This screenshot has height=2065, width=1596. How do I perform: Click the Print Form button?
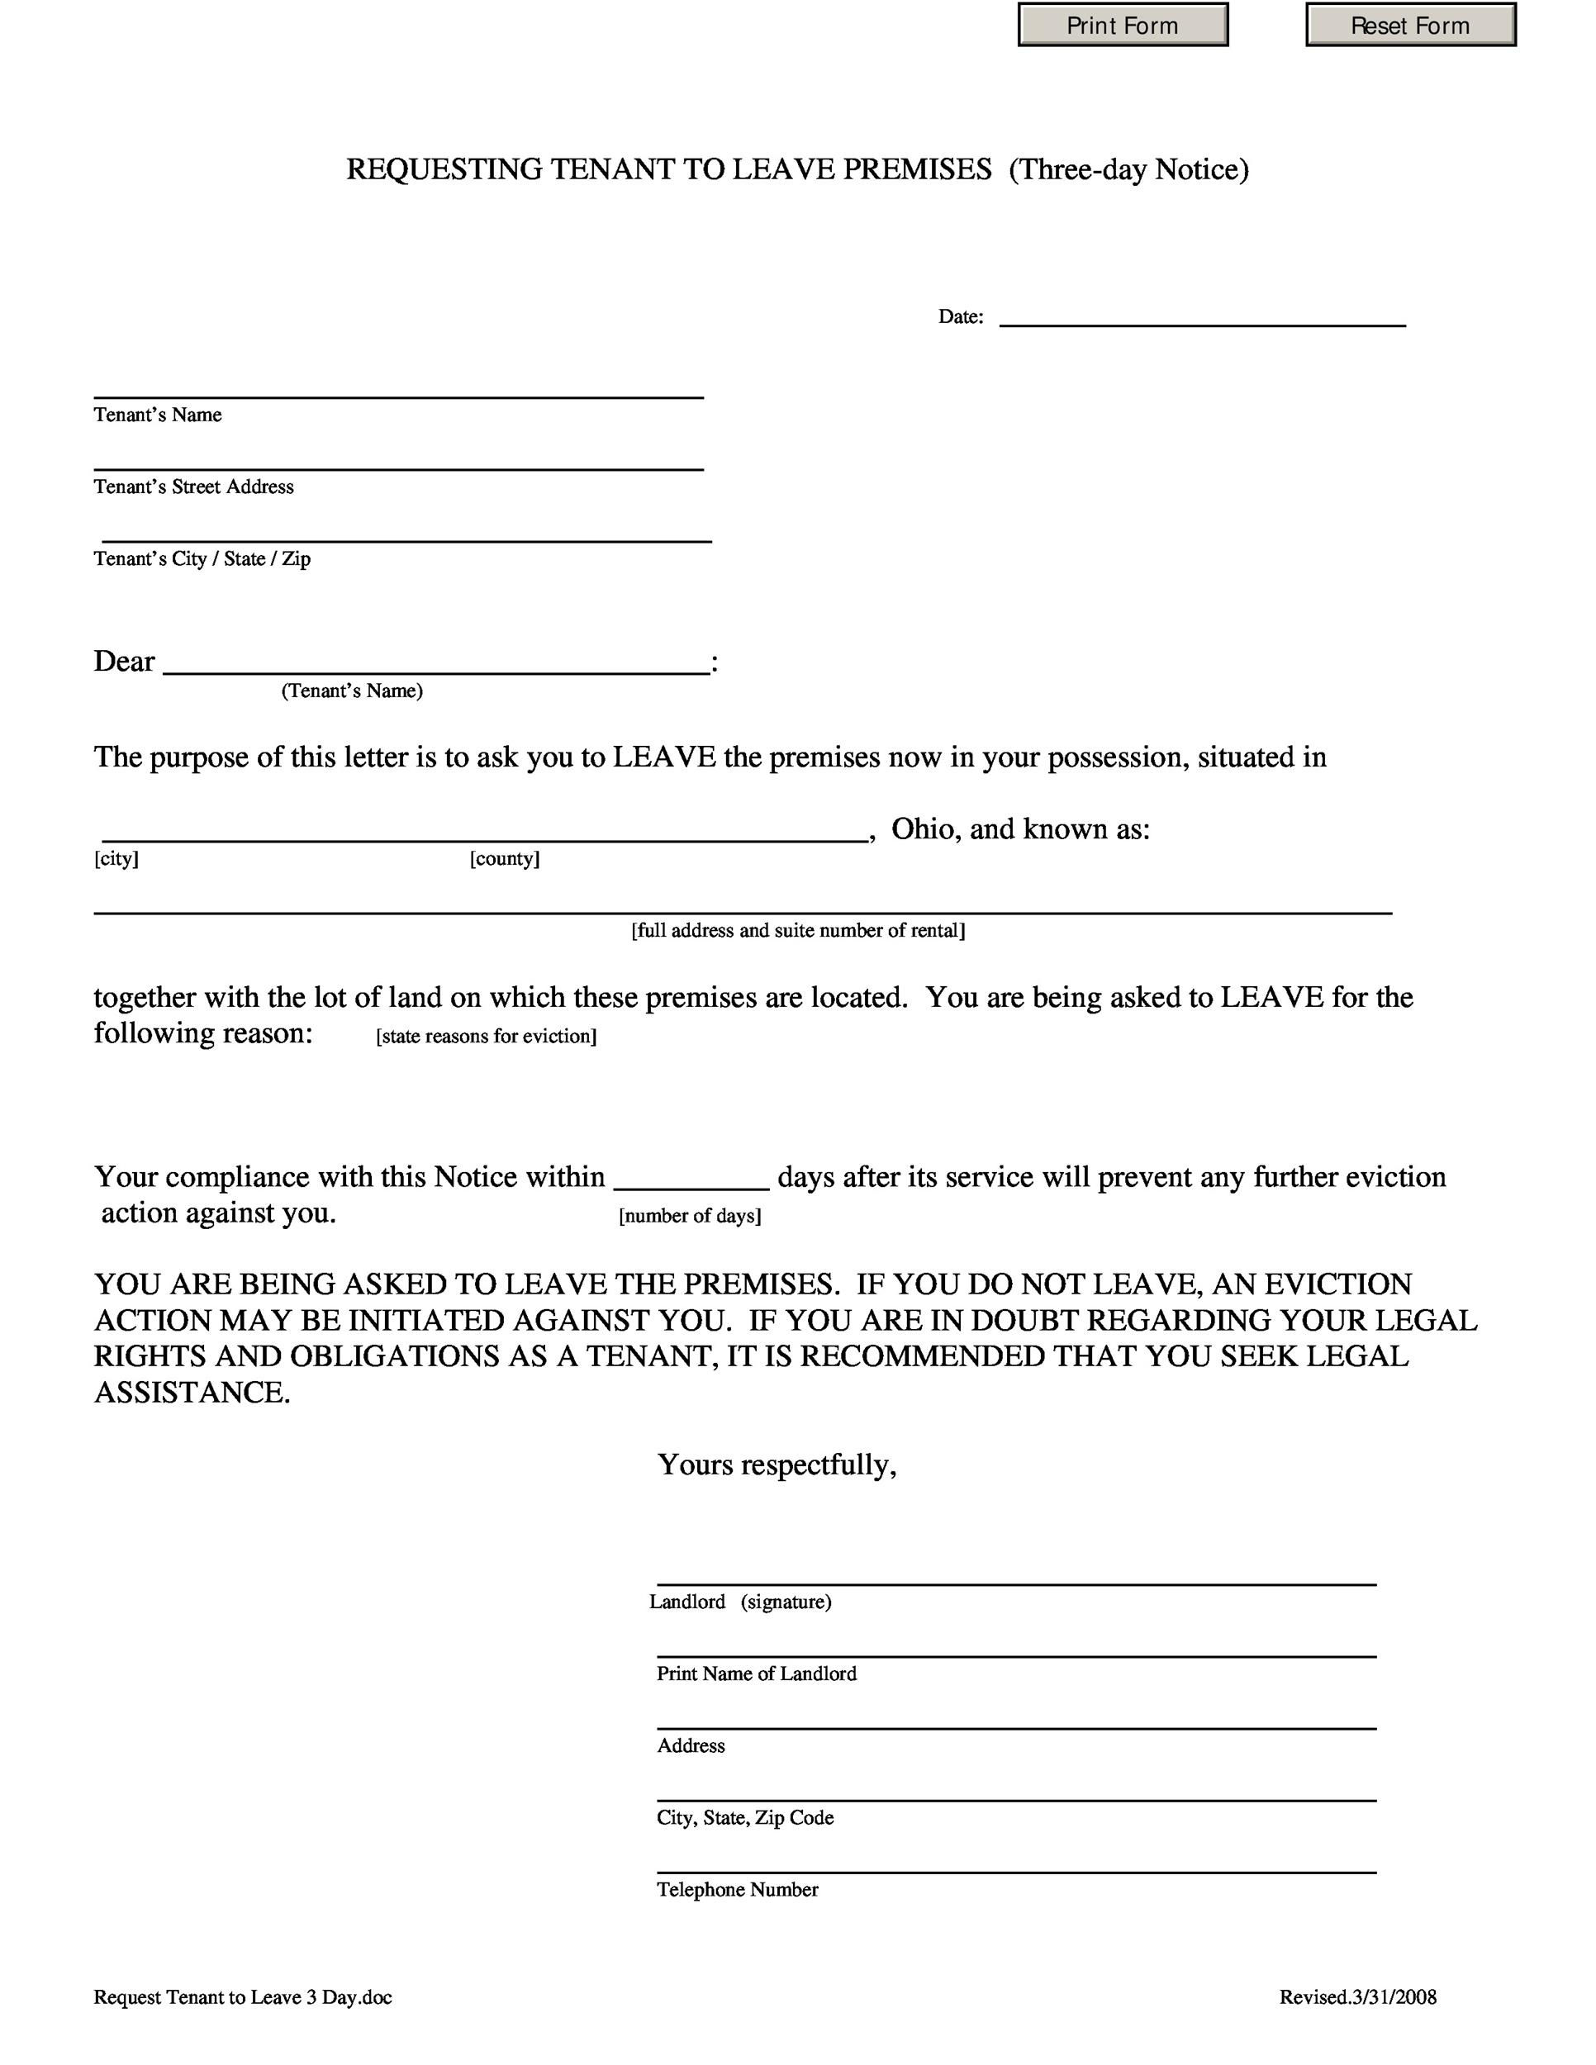click(x=1123, y=26)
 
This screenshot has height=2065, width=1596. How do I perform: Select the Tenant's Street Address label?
click(x=194, y=487)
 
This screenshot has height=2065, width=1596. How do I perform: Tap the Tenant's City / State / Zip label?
click(x=202, y=559)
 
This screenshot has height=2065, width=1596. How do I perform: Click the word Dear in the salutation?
click(x=124, y=661)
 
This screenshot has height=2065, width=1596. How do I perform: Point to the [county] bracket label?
click(x=505, y=858)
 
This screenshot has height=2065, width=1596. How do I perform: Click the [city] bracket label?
click(x=116, y=858)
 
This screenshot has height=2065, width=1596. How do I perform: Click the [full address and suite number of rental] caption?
click(x=798, y=930)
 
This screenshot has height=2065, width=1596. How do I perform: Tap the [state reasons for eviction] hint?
click(x=486, y=1037)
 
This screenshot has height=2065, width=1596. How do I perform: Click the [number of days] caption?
click(x=691, y=1216)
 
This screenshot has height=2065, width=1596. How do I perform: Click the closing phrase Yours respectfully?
click(x=777, y=1464)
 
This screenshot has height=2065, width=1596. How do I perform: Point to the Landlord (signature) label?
click(x=740, y=1602)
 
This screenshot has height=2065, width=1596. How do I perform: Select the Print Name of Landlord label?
click(x=757, y=1673)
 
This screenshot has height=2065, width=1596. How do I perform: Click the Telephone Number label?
click(x=738, y=1889)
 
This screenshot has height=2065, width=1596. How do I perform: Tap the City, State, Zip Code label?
click(x=745, y=1817)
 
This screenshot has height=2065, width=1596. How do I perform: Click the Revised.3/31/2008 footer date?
click(x=1358, y=1997)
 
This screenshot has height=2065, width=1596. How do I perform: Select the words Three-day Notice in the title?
click(x=1129, y=169)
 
